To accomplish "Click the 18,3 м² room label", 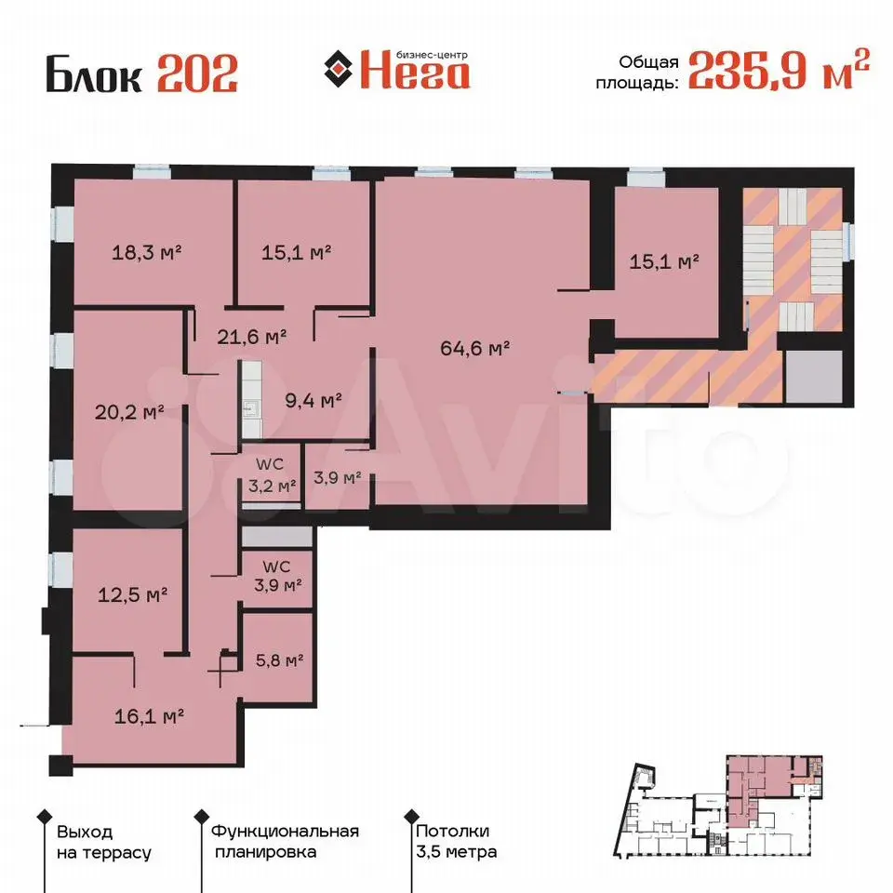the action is [146, 252].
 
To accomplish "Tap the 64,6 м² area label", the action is [475, 348].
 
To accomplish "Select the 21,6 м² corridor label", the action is [252, 337].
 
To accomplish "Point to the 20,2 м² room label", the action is [129, 412].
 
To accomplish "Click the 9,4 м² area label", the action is [313, 400].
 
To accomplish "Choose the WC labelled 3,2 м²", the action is [272, 476].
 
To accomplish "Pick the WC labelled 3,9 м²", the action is [278, 576].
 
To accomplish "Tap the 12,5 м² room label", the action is [133, 595].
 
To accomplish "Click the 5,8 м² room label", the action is [279, 660].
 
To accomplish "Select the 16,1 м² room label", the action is [149, 716].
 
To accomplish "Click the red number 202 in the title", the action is [197, 73].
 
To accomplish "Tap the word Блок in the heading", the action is [94, 73].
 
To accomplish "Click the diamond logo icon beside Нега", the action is [339, 69].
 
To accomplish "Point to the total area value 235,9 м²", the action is [780, 70].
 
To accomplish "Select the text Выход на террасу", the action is [103, 843].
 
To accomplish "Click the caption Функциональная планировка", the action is [285, 842].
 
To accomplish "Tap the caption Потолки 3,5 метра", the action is [456, 842].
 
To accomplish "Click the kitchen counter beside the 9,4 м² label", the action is [252, 399].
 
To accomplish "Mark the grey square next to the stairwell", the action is [813, 377].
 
